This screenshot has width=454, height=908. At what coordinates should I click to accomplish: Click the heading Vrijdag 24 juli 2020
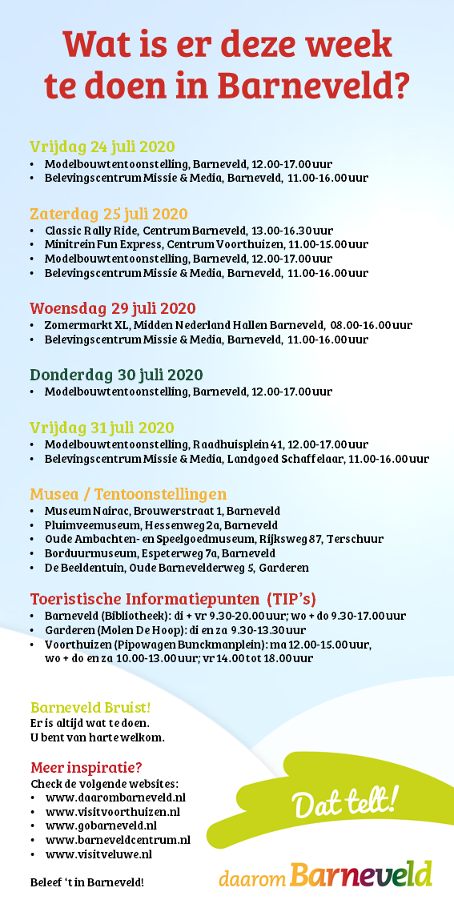tap(102, 147)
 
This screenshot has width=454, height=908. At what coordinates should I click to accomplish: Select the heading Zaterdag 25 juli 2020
tap(109, 214)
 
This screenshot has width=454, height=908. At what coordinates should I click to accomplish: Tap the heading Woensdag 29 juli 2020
tap(112, 308)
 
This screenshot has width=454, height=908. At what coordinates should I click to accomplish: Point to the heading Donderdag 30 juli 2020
tap(116, 375)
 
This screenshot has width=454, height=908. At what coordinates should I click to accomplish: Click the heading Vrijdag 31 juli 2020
tap(102, 428)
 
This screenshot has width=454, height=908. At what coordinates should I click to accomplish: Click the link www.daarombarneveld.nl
tap(115, 797)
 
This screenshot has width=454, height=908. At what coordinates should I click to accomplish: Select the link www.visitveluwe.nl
tap(98, 854)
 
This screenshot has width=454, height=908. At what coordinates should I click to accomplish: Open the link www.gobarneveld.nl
tap(101, 826)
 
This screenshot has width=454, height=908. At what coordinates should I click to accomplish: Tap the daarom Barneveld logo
tap(325, 875)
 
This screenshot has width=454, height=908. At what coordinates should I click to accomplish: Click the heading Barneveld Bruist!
tap(90, 707)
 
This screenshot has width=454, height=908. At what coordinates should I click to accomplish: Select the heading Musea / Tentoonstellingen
tap(128, 493)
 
